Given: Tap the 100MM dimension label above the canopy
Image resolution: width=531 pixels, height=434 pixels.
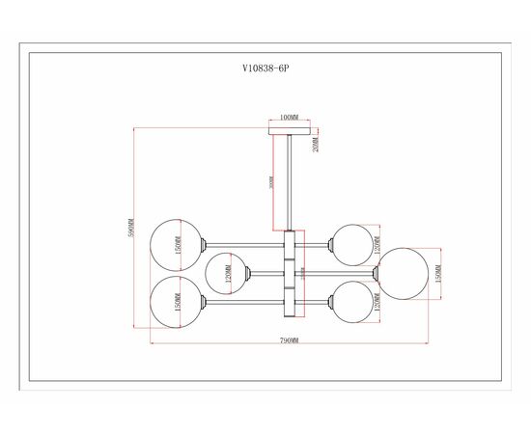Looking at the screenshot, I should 288,117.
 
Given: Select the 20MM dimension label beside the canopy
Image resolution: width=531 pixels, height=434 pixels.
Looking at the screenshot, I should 316,145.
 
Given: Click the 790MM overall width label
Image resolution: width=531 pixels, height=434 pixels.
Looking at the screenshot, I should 289,342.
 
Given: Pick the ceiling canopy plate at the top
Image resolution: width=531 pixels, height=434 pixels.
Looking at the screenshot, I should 288,127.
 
